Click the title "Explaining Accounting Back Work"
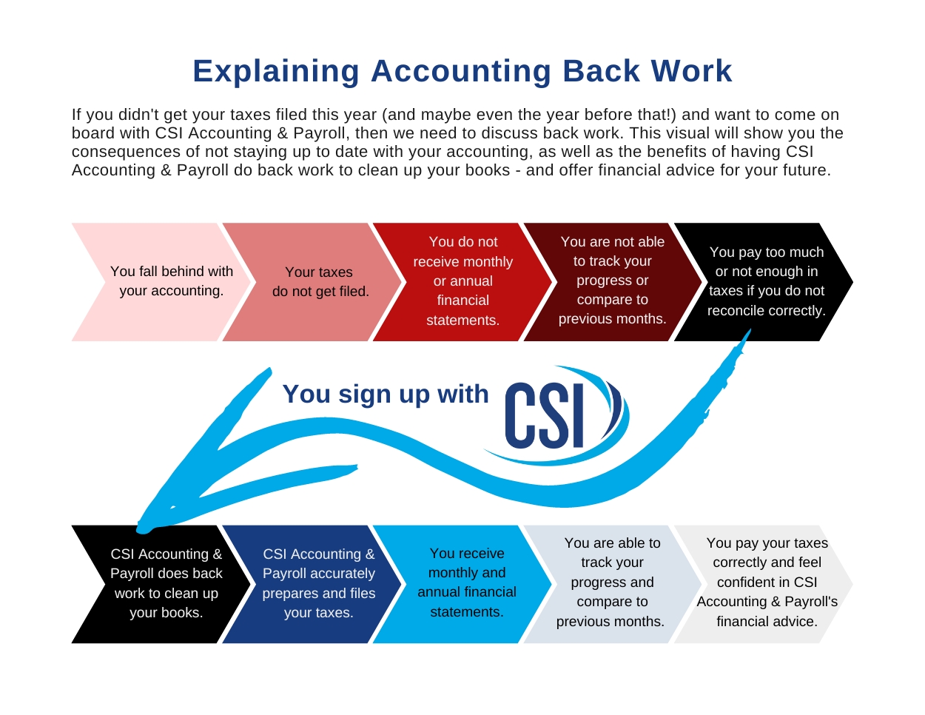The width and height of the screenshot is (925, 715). [x=462, y=71]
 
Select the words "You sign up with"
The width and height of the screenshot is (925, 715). [x=385, y=394]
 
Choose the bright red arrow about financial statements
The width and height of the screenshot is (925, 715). [x=462, y=281]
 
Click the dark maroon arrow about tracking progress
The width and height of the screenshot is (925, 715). [x=612, y=281]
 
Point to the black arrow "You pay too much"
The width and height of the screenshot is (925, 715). [x=766, y=281]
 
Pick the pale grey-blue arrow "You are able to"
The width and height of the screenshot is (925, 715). [x=611, y=583]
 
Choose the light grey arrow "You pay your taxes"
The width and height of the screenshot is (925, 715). [x=767, y=583]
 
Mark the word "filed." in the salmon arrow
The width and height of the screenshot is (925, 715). [x=353, y=292]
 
